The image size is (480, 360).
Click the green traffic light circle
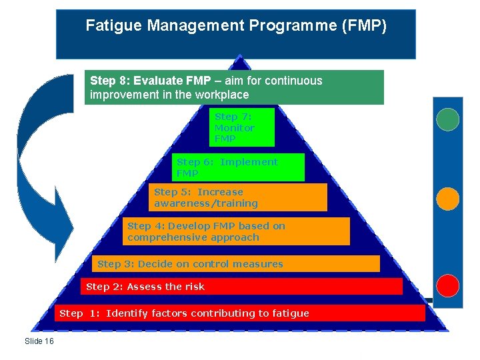click(447, 119)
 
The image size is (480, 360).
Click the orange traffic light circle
click(447, 198)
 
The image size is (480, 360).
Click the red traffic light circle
click(447, 285)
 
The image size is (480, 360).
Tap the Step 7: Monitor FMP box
click(241, 127)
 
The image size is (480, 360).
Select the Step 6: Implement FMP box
click(238, 167)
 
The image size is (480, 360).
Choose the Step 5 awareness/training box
click(237, 197)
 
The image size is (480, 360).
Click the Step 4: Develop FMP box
click(237, 231)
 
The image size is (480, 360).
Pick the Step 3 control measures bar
click(237, 264)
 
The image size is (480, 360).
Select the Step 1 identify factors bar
click(240, 313)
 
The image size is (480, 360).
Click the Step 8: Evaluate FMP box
click(236, 87)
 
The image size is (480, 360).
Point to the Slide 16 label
click(39, 341)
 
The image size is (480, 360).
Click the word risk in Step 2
click(195, 287)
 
